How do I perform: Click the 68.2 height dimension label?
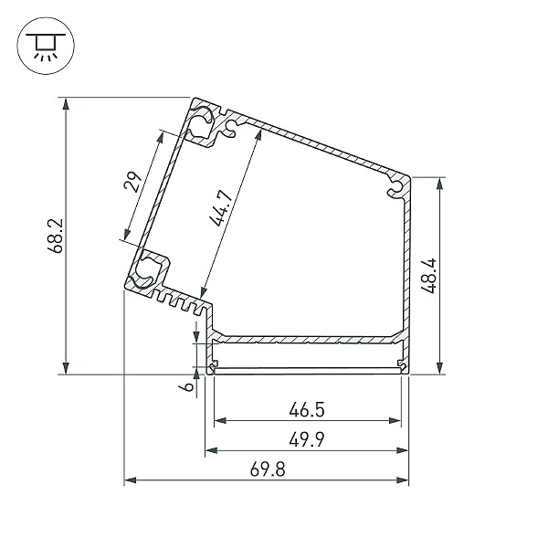pos(55,236)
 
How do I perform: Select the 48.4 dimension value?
pos(428,276)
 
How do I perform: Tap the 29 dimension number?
pos(133,182)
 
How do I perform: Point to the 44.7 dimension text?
pos(220,208)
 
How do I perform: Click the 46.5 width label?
pos(307,409)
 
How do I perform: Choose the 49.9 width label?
pos(307,439)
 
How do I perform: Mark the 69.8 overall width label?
pos(268,469)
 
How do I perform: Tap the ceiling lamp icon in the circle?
pos(46,47)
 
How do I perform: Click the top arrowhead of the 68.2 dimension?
pos(66,104)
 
